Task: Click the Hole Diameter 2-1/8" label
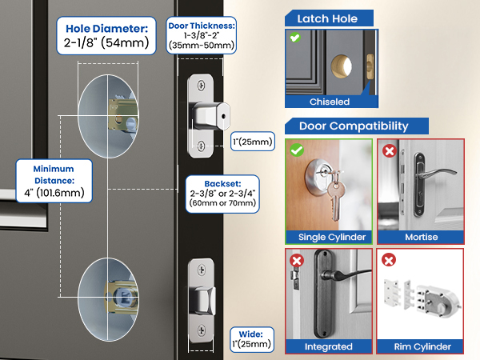(106, 35)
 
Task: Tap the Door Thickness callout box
(201, 35)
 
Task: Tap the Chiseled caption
(330, 102)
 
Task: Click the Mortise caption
(421, 237)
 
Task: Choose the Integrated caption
(329, 346)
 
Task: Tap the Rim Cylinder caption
(421, 346)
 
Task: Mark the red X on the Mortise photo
(390, 150)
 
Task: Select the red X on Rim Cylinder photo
(390, 260)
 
